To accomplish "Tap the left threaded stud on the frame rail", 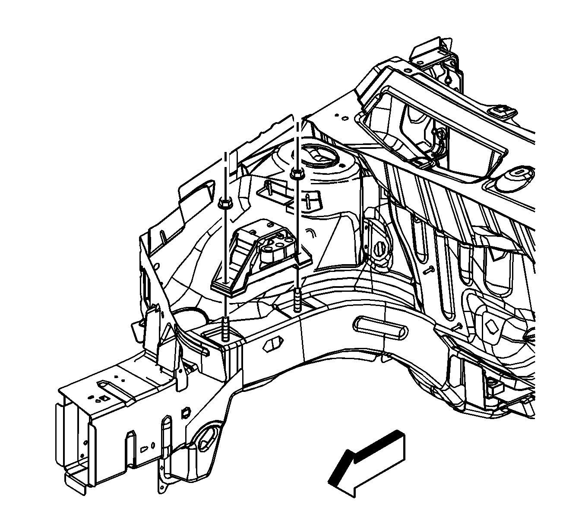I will (x=226, y=328).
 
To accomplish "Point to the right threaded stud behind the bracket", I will (x=298, y=300).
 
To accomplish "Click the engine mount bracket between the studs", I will (x=259, y=259).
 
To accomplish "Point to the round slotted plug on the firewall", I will (x=380, y=250).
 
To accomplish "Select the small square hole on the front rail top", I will (x=104, y=398).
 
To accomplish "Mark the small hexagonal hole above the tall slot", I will (x=186, y=412).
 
